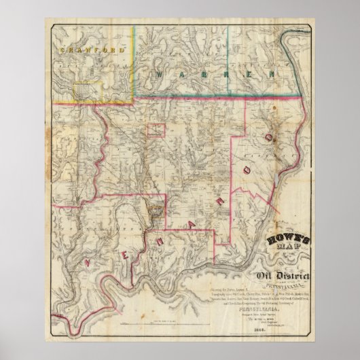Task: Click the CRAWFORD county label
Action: tap(82, 50)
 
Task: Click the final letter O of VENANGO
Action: tap(269, 138)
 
